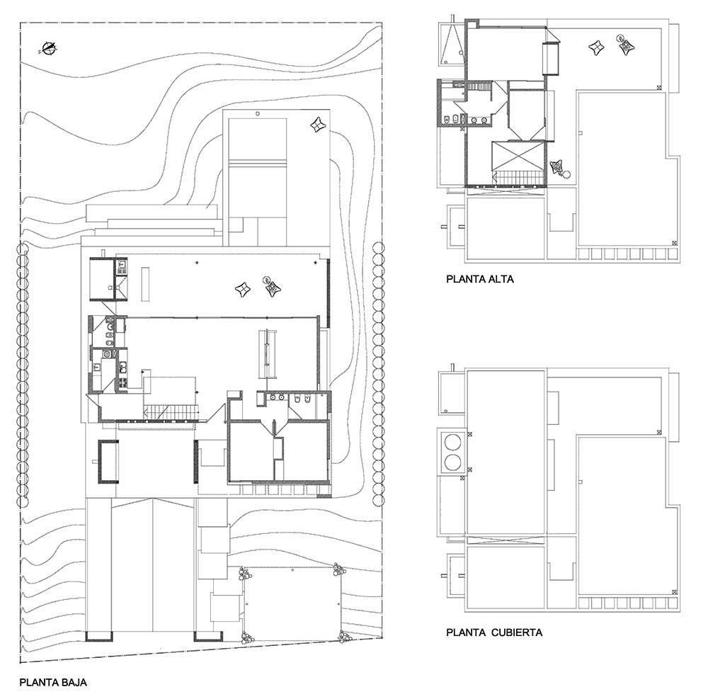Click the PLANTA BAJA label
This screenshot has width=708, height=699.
tap(53, 682)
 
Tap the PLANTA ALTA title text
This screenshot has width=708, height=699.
tap(479, 279)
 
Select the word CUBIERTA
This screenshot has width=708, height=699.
tap(517, 632)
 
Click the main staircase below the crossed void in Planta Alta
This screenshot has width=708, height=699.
tap(518, 178)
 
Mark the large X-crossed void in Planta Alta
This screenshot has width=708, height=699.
tap(518, 157)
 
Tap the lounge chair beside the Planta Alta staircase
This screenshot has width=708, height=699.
tap(559, 168)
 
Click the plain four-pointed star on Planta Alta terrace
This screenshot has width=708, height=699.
tap(596, 47)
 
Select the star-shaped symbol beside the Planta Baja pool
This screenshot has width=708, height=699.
tap(319, 124)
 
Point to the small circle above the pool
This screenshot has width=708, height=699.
tap(258, 113)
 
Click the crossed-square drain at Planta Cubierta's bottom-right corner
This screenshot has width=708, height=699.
tap(674, 592)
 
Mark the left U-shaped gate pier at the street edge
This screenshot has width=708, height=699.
tap(99, 636)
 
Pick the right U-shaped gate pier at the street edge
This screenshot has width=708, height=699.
tap(208, 636)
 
